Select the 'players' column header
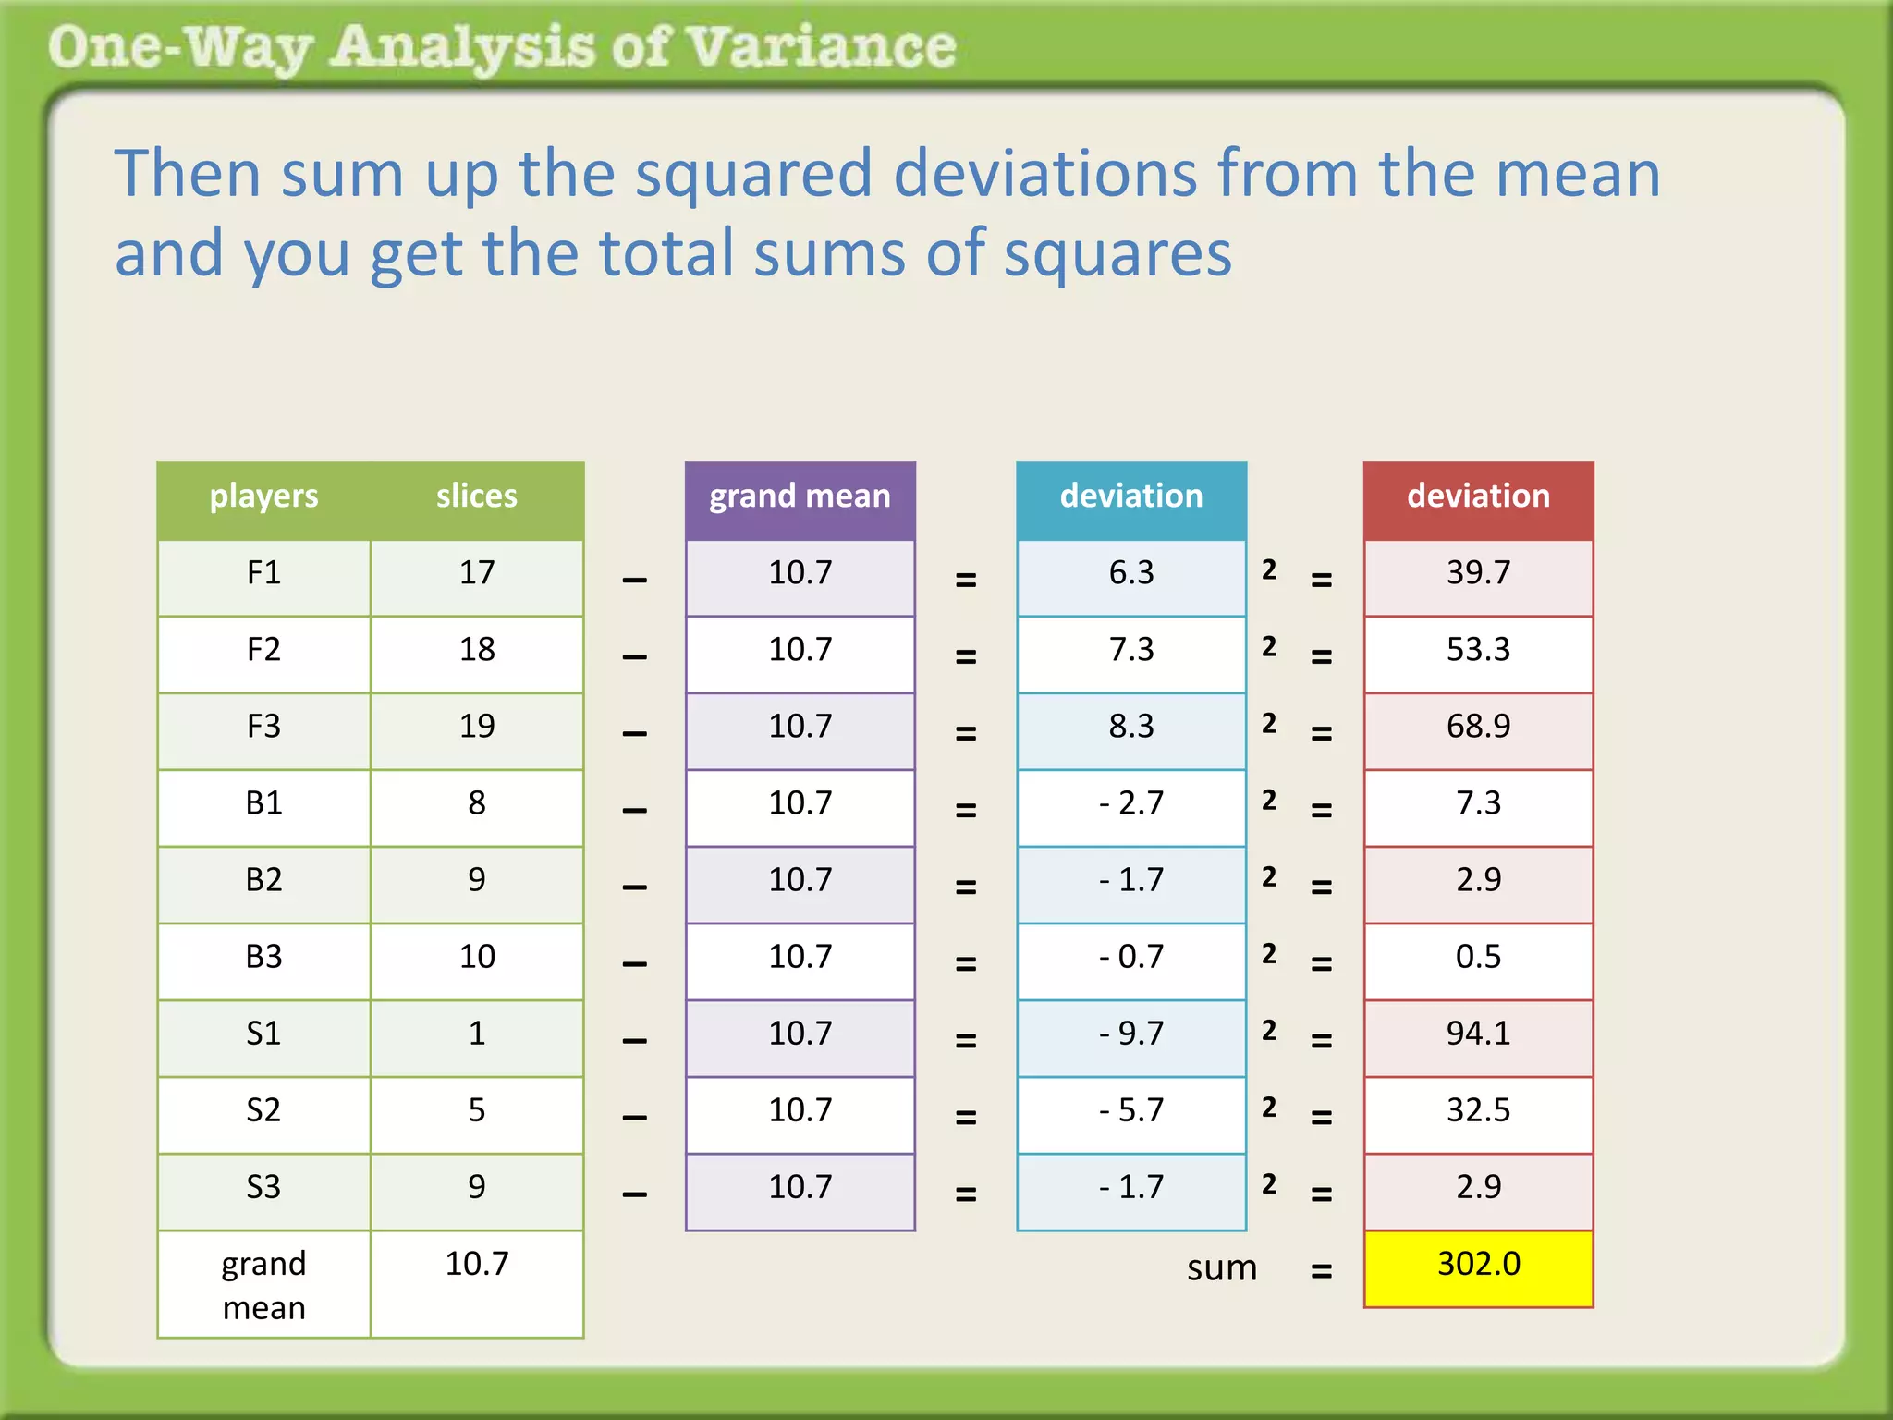(263, 496)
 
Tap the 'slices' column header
(476, 496)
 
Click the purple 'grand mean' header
(800, 496)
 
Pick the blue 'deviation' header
(1131, 496)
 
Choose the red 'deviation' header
(1478, 496)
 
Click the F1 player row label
(263, 573)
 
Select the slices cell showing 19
(477, 727)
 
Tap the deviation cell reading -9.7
(1131, 1034)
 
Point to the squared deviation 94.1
(1478, 1034)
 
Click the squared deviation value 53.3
(1478, 650)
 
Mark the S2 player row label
(263, 1110)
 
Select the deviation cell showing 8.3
(1131, 727)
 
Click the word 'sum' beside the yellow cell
(1222, 1268)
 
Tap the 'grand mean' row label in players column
(263, 1285)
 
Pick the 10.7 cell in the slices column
(477, 1264)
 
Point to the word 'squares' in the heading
(1117, 253)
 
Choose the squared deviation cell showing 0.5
(1478, 957)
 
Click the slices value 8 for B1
(477, 803)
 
